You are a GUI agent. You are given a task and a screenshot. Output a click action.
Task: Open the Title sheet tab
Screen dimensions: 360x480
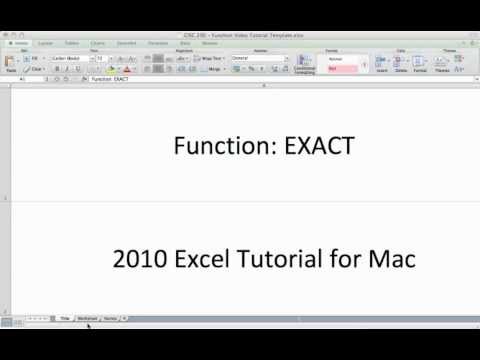pos(65,317)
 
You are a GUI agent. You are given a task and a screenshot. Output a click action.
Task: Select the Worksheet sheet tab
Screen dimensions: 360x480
pos(88,317)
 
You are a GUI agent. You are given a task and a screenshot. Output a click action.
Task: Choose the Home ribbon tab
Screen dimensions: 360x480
pos(20,44)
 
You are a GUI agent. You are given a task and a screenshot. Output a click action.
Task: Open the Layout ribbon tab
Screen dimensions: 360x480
pos(46,44)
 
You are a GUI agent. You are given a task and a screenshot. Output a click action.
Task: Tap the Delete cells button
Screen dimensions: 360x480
pos(400,64)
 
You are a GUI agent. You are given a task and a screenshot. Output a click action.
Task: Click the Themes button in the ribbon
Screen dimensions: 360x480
pos(448,64)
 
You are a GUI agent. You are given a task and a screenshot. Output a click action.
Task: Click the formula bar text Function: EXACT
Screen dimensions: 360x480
pos(110,78)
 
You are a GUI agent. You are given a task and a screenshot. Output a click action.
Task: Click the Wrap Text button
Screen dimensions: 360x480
pos(210,59)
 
